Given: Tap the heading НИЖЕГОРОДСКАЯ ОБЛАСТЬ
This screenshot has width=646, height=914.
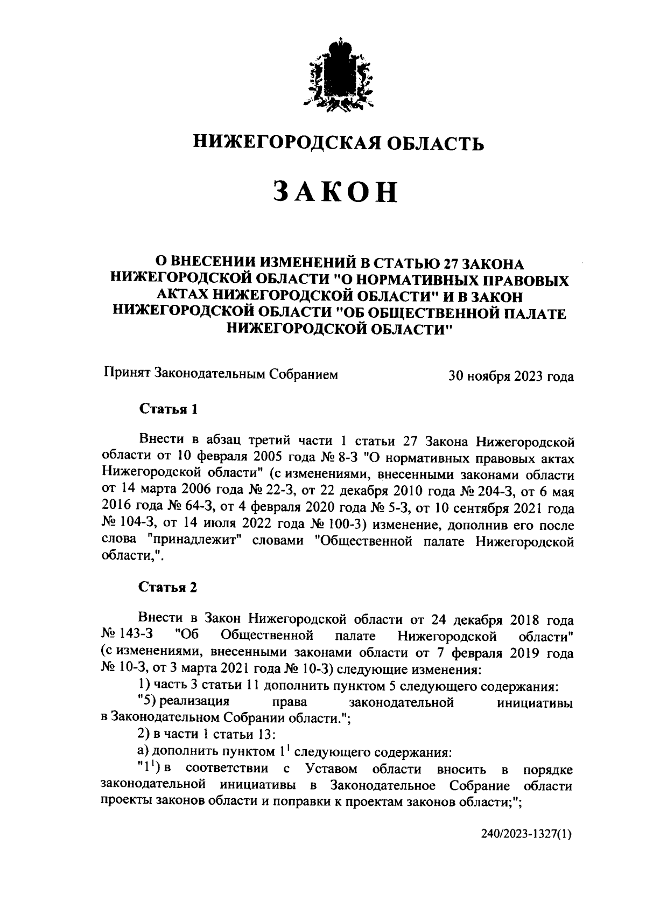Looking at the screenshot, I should click(x=339, y=142).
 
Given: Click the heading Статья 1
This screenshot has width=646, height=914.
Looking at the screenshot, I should click(x=168, y=409).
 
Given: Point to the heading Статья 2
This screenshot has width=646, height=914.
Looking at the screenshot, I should click(x=168, y=587).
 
